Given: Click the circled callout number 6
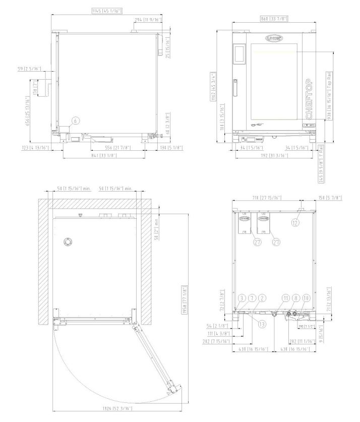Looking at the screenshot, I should click(75, 120).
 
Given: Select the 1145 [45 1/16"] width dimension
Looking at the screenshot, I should click(107, 11).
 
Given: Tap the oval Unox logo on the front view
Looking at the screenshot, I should click(274, 38).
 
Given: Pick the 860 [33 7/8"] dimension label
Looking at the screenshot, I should click(274, 19).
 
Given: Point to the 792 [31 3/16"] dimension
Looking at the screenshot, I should click(274, 155).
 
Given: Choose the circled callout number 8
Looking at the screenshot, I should click(296, 299).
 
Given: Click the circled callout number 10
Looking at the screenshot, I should click(307, 299).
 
